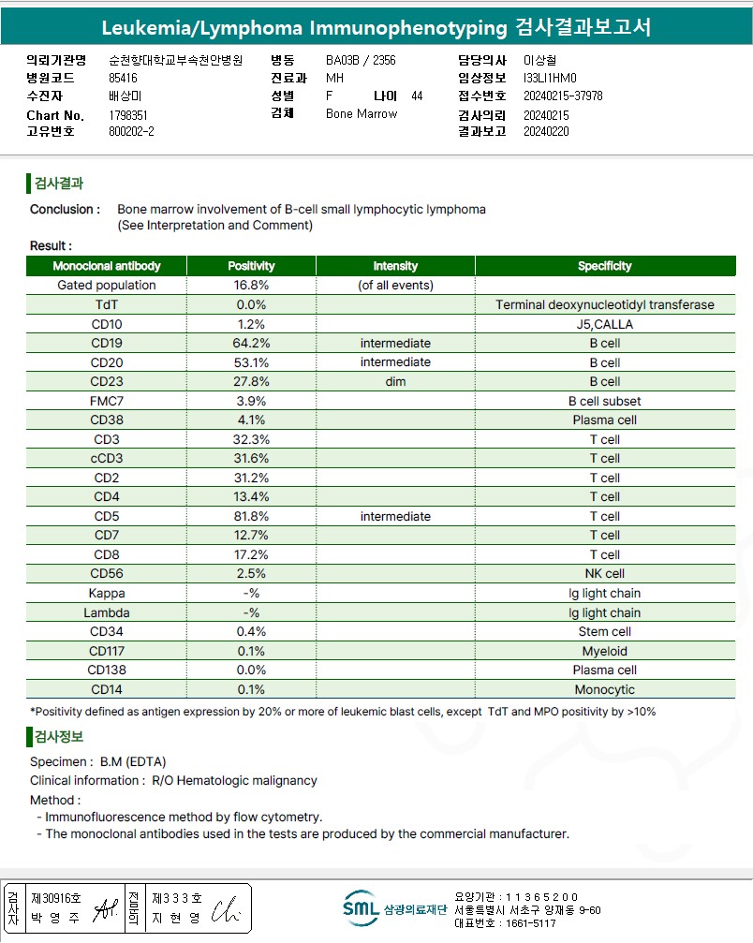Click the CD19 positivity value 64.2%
251,344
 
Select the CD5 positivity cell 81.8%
251,516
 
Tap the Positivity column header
251,266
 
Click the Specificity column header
604,266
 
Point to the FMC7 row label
106,401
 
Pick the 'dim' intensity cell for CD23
395,382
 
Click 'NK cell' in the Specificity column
604,574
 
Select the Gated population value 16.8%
251,286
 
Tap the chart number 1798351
128,115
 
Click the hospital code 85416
123,79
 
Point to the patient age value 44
417,96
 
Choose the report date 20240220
547,132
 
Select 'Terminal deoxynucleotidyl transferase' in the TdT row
604,305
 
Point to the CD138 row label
106,670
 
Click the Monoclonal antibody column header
106,266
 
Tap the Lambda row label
106,612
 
